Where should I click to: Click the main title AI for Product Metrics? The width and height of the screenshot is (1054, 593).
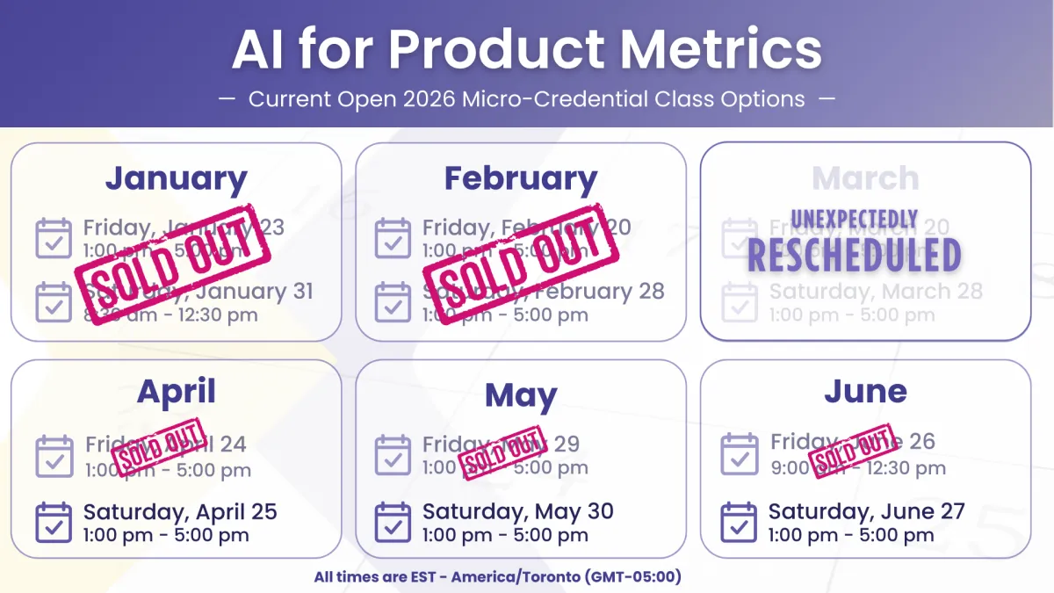(x=527, y=50)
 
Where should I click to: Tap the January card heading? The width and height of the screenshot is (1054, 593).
(x=176, y=178)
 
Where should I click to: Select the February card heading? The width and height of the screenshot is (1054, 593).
(x=520, y=178)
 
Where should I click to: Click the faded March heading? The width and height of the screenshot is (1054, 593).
(x=865, y=178)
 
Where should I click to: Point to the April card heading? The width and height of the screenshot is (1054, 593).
(x=176, y=392)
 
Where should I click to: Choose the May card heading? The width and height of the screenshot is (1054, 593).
(x=521, y=395)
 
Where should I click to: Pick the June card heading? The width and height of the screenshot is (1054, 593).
(x=865, y=392)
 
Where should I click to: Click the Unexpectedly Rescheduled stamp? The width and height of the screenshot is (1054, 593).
(x=854, y=242)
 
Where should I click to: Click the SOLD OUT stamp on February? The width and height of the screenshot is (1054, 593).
(x=521, y=264)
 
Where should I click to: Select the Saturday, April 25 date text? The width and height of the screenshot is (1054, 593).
(x=180, y=511)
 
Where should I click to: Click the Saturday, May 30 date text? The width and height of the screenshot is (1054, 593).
(x=517, y=511)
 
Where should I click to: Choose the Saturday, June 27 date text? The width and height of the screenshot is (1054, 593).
(x=866, y=511)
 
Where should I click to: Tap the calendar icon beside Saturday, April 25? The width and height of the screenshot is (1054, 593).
(x=54, y=523)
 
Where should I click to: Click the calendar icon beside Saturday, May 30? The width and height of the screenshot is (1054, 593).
(x=393, y=523)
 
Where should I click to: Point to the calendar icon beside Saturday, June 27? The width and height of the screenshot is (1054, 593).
(x=739, y=523)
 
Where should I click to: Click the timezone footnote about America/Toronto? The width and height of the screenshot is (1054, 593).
(x=498, y=577)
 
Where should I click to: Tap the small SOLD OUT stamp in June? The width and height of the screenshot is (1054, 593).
(x=851, y=450)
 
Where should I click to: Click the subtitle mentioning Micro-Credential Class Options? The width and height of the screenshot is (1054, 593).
(x=527, y=98)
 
